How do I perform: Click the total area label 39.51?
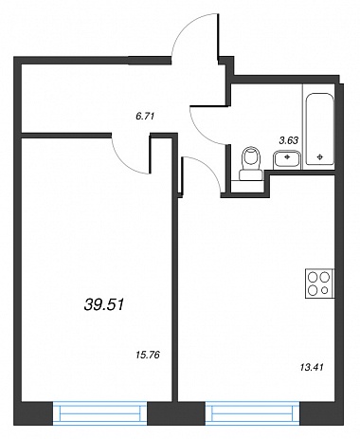[x=104, y=305]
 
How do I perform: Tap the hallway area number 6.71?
[x=144, y=117]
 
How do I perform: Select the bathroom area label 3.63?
[x=289, y=140]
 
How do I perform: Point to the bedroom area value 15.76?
[x=149, y=355]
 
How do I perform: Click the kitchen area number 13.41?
[x=312, y=367]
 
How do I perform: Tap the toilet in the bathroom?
[x=251, y=164]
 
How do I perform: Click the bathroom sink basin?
[x=287, y=159]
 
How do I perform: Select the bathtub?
[x=320, y=129]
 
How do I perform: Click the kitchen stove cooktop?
[x=319, y=284]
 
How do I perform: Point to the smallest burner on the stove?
[x=324, y=290]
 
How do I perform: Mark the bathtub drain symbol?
[x=320, y=156]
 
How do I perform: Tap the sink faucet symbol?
[x=287, y=156]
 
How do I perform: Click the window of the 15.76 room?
[x=100, y=413]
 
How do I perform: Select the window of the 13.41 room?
[x=253, y=413]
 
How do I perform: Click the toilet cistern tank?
[x=251, y=175]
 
